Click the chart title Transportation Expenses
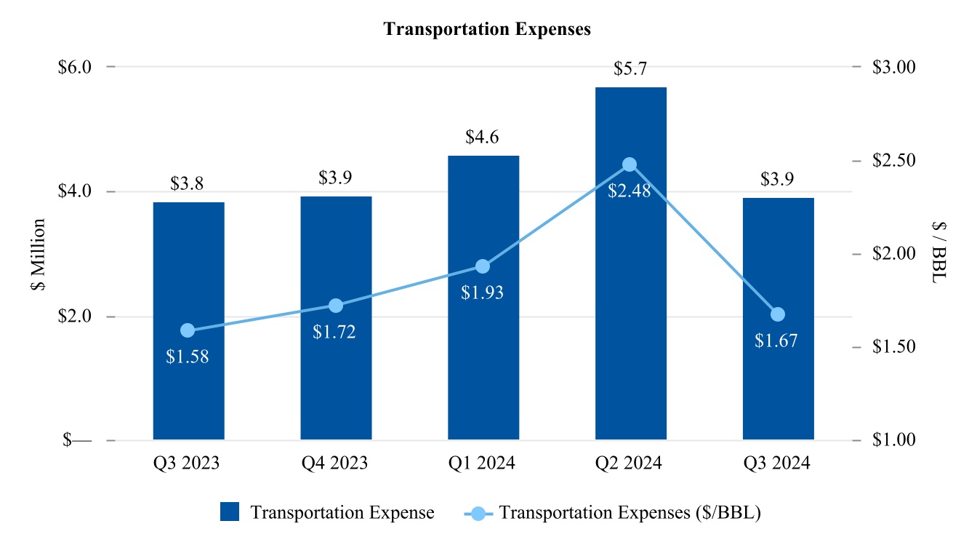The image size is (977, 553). [x=487, y=29]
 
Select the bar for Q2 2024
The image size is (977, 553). [x=630, y=291]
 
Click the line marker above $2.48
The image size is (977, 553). [x=630, y=164]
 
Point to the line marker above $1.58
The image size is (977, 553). [x=188, y=330]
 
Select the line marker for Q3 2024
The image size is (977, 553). [x=778, y=314]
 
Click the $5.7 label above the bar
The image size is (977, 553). [x=630, y=69]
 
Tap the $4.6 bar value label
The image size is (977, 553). [x=483, y=138]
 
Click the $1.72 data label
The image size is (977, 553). [x=334, y=333]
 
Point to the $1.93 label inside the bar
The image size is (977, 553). [x=482, y=293]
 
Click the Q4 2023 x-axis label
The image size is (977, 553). [x=335, y=464]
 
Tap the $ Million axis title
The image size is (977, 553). [x=38, y=254]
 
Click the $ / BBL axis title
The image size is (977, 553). [x=939, y=254]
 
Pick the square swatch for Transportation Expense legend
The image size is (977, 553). [x=230, y=512]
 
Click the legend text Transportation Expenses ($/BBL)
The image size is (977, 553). [x=630, y=512]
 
